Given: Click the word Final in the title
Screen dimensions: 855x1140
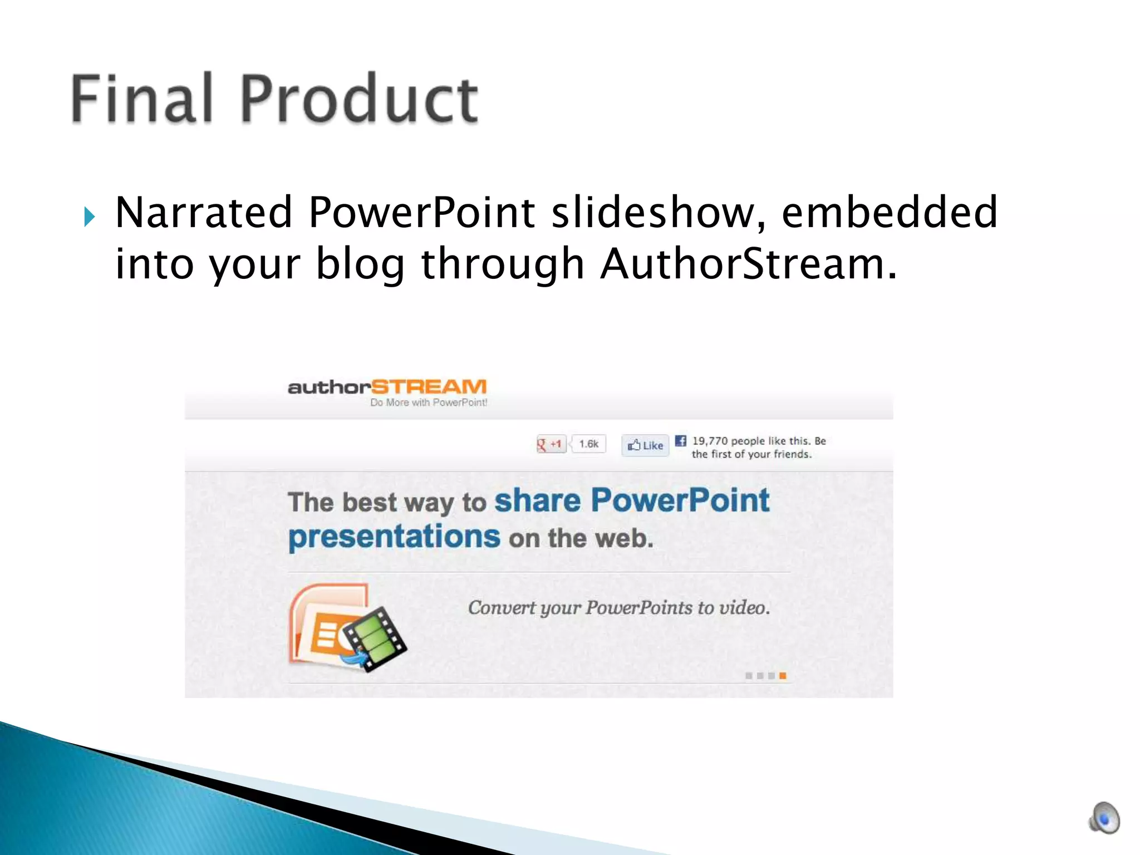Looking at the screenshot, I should coord(142,99).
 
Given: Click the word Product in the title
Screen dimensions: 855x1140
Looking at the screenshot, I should coord(359,99).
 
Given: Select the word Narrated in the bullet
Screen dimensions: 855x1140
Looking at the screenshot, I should coord(204,213).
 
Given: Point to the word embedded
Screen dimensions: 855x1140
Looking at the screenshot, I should coord(889,213).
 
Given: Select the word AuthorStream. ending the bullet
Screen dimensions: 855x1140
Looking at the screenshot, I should coord(749,264).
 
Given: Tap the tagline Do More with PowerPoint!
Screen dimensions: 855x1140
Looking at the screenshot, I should coord(429,402).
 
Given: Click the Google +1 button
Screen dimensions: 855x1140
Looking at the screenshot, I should coord(550,444).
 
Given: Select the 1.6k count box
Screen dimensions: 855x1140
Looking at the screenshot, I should coord(588,444).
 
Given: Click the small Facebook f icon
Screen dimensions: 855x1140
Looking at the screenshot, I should coord(680,441).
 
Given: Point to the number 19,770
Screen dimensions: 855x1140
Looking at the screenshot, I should coord(710,441).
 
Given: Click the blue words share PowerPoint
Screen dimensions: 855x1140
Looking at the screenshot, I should coord(632,500).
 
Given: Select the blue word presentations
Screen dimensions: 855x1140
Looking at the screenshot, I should coord(394,537).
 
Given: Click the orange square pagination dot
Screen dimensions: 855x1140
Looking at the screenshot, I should coord(783,676).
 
